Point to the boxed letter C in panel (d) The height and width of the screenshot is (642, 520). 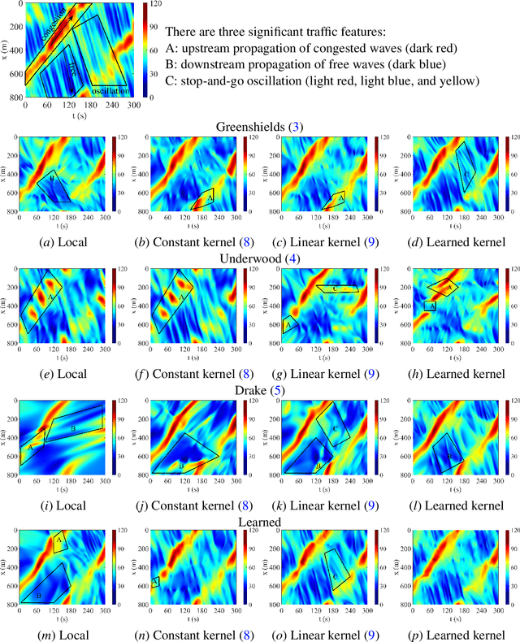coord(466,172)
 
